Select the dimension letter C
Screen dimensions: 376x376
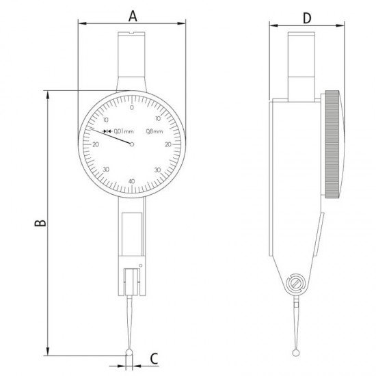(154, 357)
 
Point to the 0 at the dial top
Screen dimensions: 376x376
(131, 107)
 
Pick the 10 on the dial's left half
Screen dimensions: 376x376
(106, 118)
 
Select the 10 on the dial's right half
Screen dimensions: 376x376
(158, 118)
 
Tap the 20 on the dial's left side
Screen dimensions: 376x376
(95, 144)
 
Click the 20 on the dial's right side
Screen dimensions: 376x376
(168, 144)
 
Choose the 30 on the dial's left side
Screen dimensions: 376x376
(106, 170)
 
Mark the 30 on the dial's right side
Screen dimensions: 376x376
(158, 170)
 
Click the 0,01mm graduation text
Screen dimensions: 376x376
(122, 131)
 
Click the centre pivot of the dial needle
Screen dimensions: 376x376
(132, 144)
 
